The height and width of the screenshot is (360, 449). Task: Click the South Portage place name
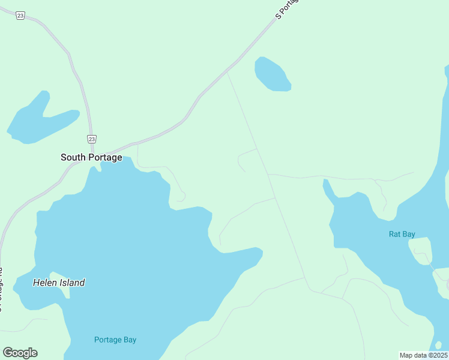[91, 157]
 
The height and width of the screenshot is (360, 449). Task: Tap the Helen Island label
[59, 283]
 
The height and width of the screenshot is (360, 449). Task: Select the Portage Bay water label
[115, 340]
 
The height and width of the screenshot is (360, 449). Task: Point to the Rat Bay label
[402, 234]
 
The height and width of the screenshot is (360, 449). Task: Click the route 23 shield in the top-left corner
[20, 16]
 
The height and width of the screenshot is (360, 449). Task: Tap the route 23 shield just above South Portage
[91, 139]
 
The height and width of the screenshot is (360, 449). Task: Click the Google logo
[20, 353]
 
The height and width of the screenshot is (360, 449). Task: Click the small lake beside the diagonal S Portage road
[271, 75]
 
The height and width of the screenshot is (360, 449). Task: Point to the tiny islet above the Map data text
[439, 345]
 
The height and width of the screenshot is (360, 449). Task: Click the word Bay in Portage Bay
[129, 340]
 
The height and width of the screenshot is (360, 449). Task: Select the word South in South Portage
[73, 157]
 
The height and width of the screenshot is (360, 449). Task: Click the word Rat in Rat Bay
[394, 234]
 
